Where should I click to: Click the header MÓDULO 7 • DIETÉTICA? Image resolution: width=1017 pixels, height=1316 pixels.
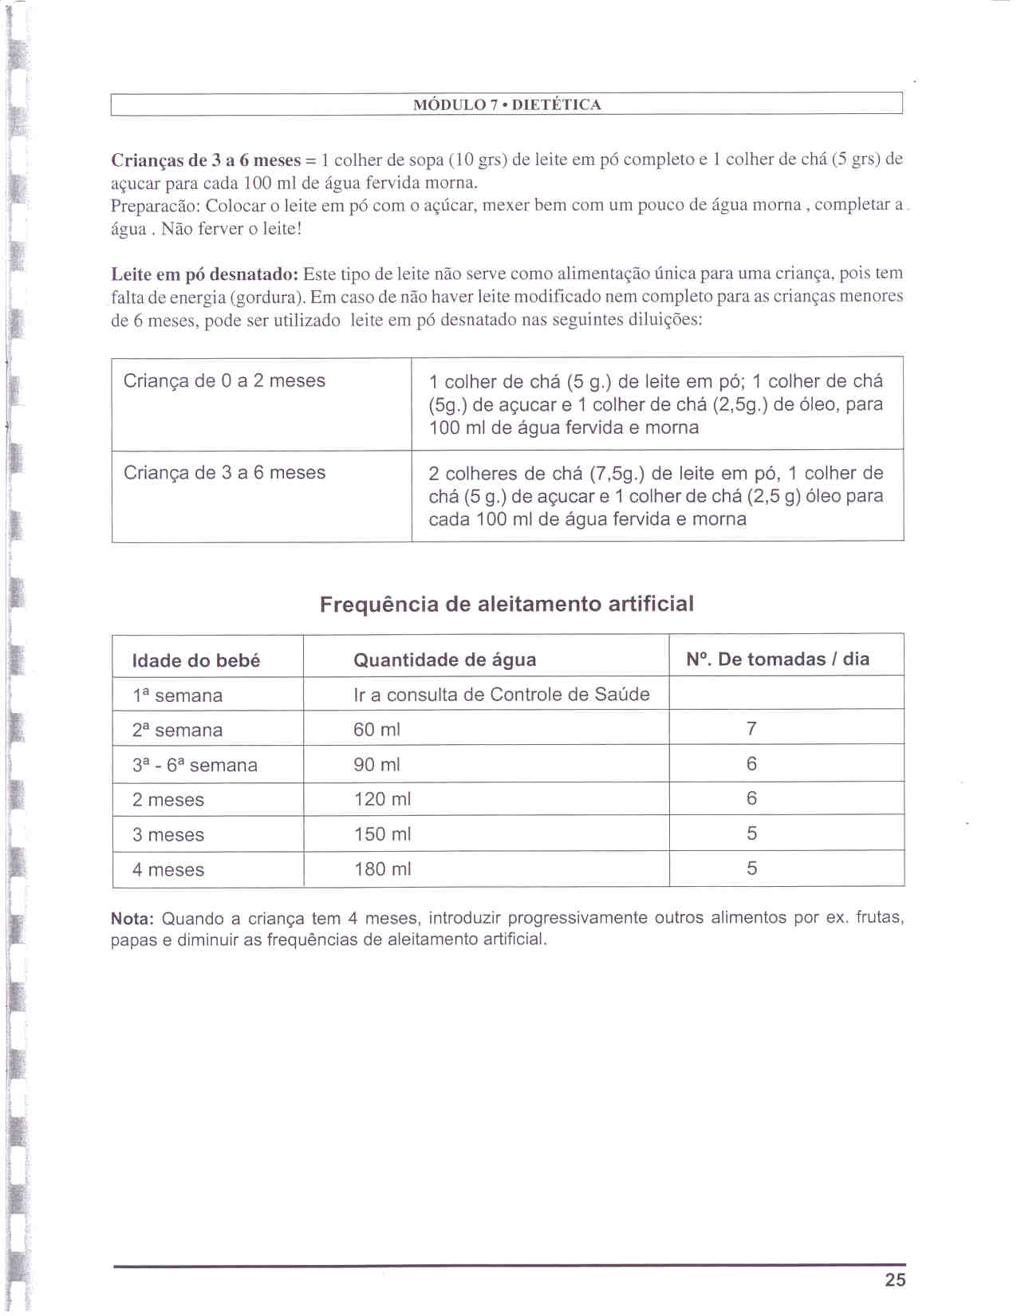point(507,104)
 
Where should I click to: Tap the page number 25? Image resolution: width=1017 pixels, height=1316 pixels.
point(895,1279)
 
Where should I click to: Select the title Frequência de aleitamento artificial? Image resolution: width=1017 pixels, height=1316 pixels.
point(507,604)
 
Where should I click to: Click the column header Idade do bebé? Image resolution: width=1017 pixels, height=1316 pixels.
point(196,660)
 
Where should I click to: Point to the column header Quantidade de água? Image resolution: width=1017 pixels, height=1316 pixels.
point(444,660)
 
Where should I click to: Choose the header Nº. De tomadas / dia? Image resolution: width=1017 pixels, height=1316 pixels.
point(778,659)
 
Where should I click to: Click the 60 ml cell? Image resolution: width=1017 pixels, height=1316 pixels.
point(376,729)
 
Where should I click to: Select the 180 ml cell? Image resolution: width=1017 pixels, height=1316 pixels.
point(383,869)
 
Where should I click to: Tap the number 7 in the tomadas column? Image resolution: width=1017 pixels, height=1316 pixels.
point(751,728)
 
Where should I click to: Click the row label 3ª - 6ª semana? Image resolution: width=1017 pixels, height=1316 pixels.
point(195,765)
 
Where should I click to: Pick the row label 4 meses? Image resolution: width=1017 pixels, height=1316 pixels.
point(168,869)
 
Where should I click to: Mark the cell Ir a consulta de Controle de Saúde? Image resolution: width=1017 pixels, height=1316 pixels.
point(501,694)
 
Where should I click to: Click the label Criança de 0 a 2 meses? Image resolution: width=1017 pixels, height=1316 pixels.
point(224,380)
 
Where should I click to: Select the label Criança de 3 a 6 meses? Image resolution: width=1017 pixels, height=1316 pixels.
point(224,472)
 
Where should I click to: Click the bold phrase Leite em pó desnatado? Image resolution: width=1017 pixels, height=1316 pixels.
point(205,274)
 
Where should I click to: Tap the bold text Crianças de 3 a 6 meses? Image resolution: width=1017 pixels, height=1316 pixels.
point(206,160)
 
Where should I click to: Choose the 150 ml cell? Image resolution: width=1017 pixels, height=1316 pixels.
point(383,833)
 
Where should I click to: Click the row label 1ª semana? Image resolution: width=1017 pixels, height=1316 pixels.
point(177,695)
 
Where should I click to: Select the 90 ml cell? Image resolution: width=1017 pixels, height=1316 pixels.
point(376,764)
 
